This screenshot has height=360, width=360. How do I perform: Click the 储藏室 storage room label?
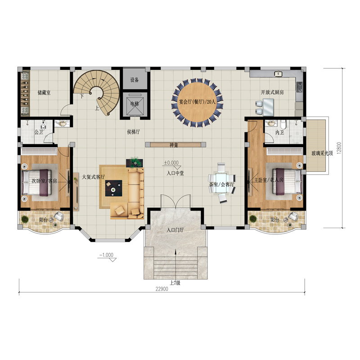click(44, 93)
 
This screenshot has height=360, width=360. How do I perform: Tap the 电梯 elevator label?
click(135, 104)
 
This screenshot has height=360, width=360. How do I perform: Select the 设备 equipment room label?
click(135, 80)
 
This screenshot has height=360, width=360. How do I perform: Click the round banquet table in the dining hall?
click(197, 102)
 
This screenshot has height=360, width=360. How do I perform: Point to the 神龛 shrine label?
click(174, 145)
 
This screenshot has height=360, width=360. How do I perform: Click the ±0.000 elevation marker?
click(171, 163)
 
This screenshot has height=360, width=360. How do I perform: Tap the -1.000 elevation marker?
click(106, 255)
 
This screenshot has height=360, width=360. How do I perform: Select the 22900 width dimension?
click(162, 289)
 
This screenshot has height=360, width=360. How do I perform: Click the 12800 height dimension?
click(339, 148)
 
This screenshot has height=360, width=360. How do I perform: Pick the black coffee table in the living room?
click(114, 188)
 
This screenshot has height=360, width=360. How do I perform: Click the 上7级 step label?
click(175, 283)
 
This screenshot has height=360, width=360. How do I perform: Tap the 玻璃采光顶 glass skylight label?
click(322, 153)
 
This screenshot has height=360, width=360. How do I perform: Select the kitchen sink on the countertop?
click(278, 74)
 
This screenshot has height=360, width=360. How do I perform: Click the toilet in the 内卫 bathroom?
click(283, 124)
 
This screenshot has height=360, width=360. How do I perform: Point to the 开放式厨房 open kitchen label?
click(272, 92)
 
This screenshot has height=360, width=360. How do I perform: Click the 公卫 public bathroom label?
click(39, 132)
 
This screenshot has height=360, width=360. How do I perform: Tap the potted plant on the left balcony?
click(25, 219)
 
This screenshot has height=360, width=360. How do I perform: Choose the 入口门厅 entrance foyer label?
click(175, 230)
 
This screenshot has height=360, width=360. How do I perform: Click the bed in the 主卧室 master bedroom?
click(287, 182)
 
